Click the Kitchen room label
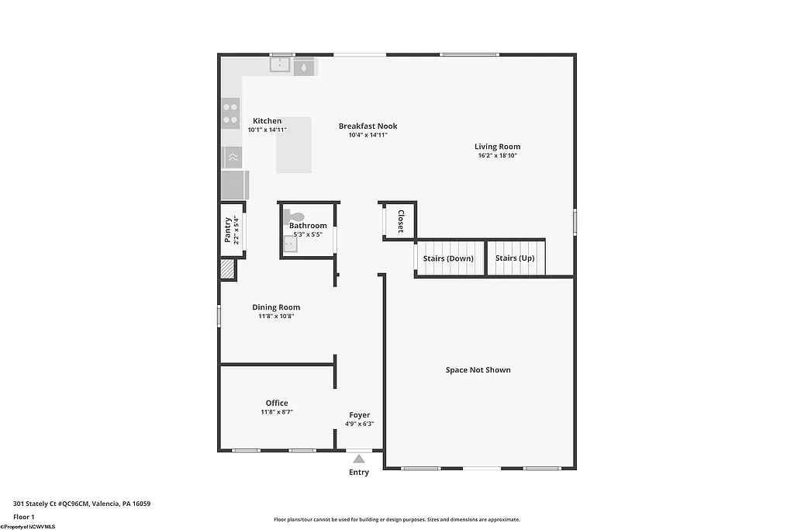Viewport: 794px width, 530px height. click(267, 121)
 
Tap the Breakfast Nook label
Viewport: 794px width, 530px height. click(368, 126)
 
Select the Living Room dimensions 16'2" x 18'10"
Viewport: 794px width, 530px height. click(497, 155)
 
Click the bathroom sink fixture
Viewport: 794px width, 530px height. click(290, 244)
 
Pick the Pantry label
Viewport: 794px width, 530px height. click(227, 230)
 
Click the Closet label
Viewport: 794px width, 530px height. click(400, 221)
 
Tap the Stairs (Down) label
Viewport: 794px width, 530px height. click(448, 258)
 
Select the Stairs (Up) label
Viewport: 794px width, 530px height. click(515, 258)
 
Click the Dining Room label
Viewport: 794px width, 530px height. click(276, 307)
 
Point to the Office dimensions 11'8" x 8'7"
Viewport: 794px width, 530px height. click(277, 412)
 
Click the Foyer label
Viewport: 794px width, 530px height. click(359, 415)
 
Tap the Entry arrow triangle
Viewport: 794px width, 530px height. click(359, 459)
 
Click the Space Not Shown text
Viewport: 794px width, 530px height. click(478, 370)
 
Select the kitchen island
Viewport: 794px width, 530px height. click(295, 145)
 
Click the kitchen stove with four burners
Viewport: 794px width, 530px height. click(230, 113)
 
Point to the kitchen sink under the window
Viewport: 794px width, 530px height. click(280, 65)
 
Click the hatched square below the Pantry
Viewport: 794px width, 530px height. click(227, 269)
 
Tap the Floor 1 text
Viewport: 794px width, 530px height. click(24, 516)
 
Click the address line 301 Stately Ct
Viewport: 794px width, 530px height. click(81, 504)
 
